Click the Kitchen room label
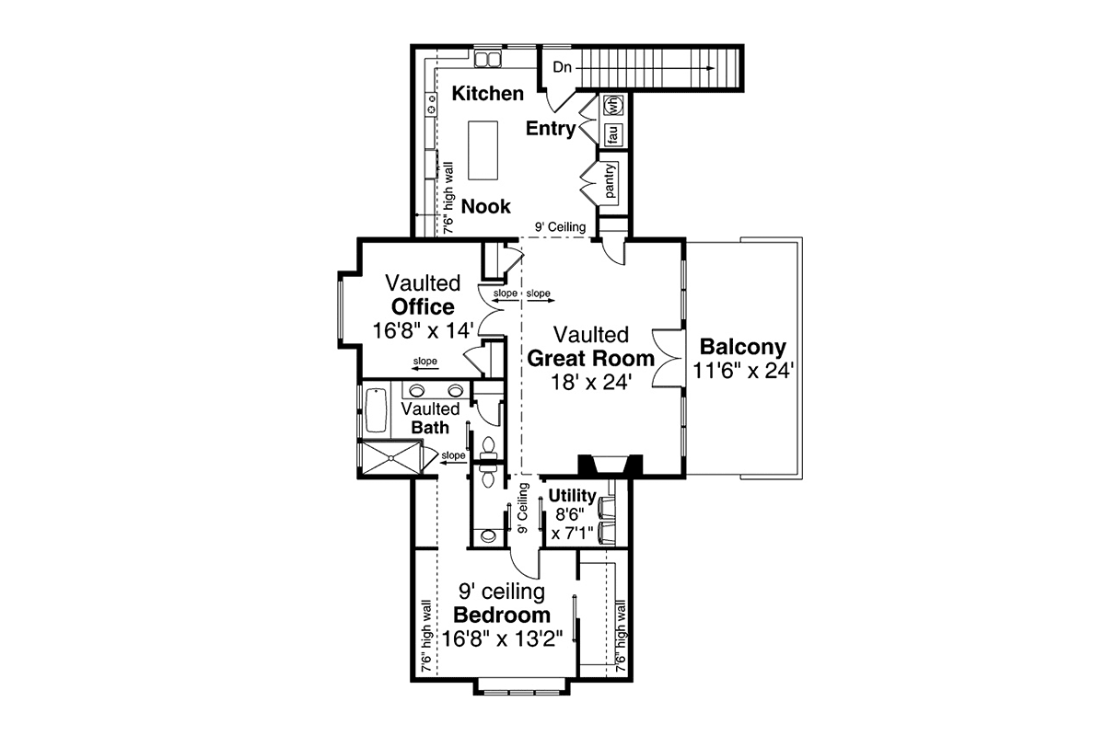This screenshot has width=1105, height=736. coord(488,93)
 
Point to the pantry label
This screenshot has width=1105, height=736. coord(611,180)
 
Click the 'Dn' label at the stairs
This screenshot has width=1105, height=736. coord(563,67)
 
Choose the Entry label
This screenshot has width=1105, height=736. coord(551,129)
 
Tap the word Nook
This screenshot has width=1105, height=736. coord(485,206)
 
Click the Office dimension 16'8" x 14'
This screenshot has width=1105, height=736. coord(424,330)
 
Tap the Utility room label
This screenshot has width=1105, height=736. coord(573,496)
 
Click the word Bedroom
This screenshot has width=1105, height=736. coord(502,615)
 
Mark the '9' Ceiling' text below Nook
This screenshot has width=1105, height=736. coord(561,227)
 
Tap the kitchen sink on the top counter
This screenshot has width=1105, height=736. coord(484,60)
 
